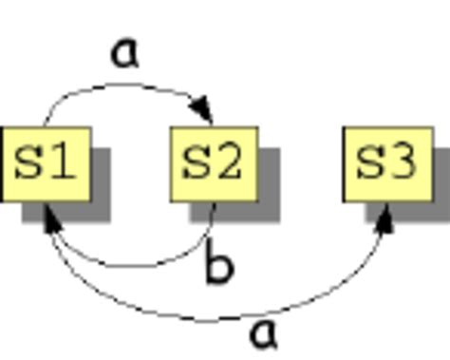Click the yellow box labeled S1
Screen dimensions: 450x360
coord(45,163)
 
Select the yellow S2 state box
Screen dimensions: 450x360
coord(214,163)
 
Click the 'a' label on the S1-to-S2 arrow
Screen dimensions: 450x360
coord(124,52)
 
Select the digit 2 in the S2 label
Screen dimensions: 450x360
coord(230,163)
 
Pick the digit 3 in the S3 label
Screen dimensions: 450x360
coord(403,163)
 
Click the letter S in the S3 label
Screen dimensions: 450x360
coord(369,163)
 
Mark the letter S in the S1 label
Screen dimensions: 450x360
coord(28,163)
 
